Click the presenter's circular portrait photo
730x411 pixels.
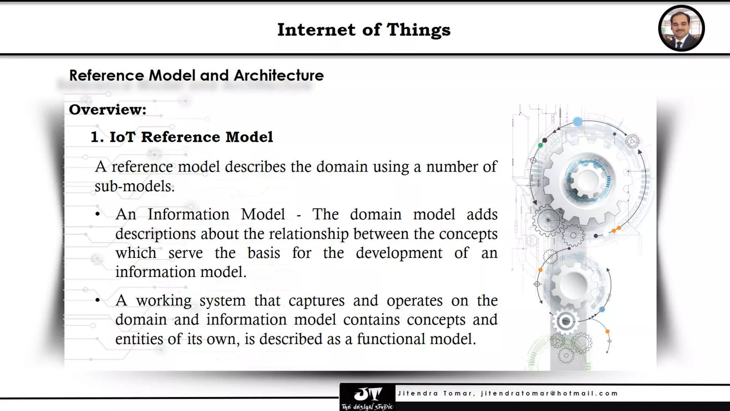coord(681,28)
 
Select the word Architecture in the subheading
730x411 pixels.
coord(278,75)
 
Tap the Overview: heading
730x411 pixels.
coord(108,110)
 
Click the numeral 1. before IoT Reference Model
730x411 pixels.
coord(97,137)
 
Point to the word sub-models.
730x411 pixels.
coord(134,186)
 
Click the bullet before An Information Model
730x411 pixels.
coord(98,214)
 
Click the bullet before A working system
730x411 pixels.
coord(98,300)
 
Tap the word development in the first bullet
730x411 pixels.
coord(399,253)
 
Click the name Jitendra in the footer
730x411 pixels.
coord(418,393)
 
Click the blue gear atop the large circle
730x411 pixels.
coord(578,122)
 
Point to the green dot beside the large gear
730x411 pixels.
coord(540,145)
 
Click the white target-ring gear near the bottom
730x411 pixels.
coord(566,321)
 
